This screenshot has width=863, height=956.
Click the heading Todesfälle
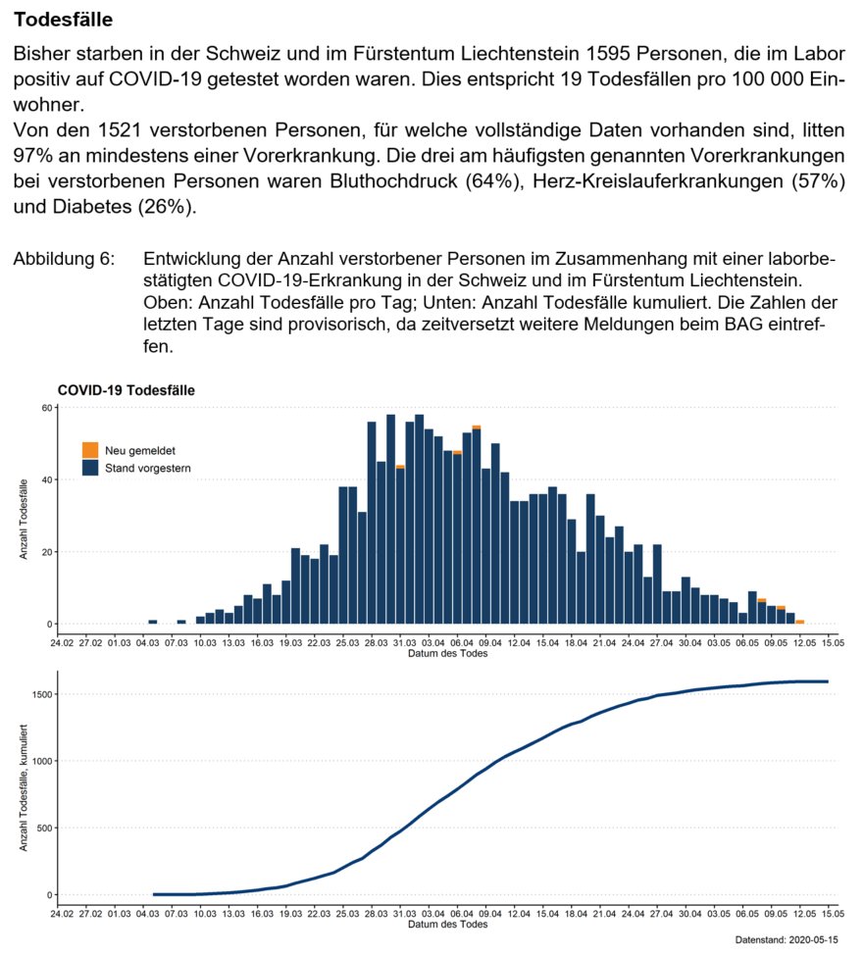pos(64,20)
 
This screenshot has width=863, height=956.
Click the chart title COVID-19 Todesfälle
pos(126,389)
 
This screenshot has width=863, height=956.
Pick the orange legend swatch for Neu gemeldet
pos(90,450)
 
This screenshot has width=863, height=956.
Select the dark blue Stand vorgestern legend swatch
pos(90,469)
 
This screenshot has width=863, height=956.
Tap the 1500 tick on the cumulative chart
pos(39,694)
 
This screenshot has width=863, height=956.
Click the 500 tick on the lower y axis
pos(43,828)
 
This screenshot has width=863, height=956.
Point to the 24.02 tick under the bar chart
pos(62,643)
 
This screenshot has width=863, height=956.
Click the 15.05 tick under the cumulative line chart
pos(834,914)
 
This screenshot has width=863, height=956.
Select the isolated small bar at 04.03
pos(153,622)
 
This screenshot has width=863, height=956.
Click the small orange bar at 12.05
pos(800,622)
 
